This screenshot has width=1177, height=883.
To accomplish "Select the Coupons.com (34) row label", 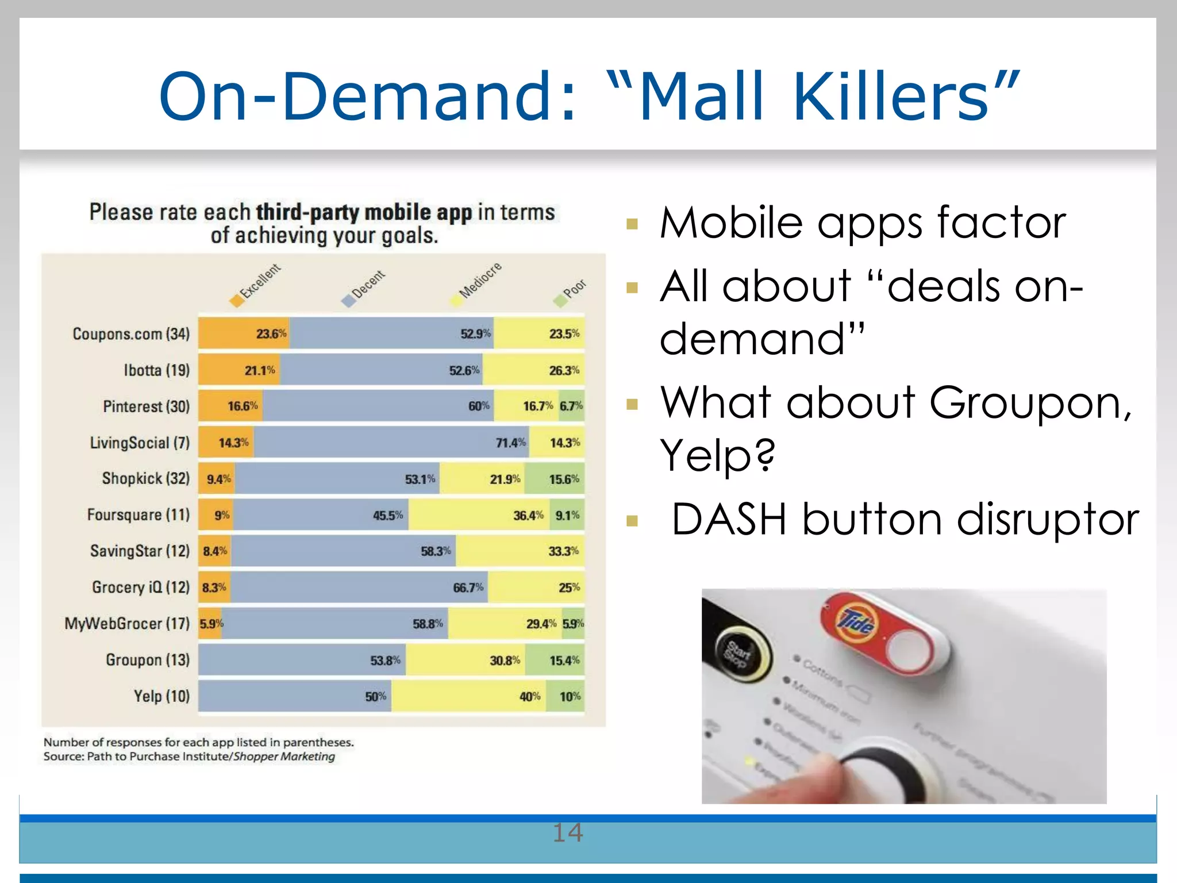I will (x=131, y=334).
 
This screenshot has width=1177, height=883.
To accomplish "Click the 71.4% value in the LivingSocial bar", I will (x=510, y=443).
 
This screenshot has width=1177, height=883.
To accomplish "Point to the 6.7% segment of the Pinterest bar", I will (x=571, y=406).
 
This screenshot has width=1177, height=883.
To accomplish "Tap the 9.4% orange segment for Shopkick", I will (x=218, y=479).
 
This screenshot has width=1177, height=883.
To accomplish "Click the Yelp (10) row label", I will (x=161, y=696).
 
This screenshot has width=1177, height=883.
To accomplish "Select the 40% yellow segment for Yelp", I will (x=468, y=696).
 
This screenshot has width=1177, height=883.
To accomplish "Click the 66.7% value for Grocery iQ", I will (x=468, y=588).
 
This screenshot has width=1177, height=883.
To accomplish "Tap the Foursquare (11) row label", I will (x=138, y=515).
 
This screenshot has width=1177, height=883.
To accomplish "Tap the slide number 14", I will (x=568, y=832).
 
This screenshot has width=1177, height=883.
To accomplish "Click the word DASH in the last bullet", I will (x=728, y=519).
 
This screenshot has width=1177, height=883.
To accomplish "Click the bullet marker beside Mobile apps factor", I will (x=632, y=224).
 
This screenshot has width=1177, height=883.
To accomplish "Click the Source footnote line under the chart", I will (x=189, y=757).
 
